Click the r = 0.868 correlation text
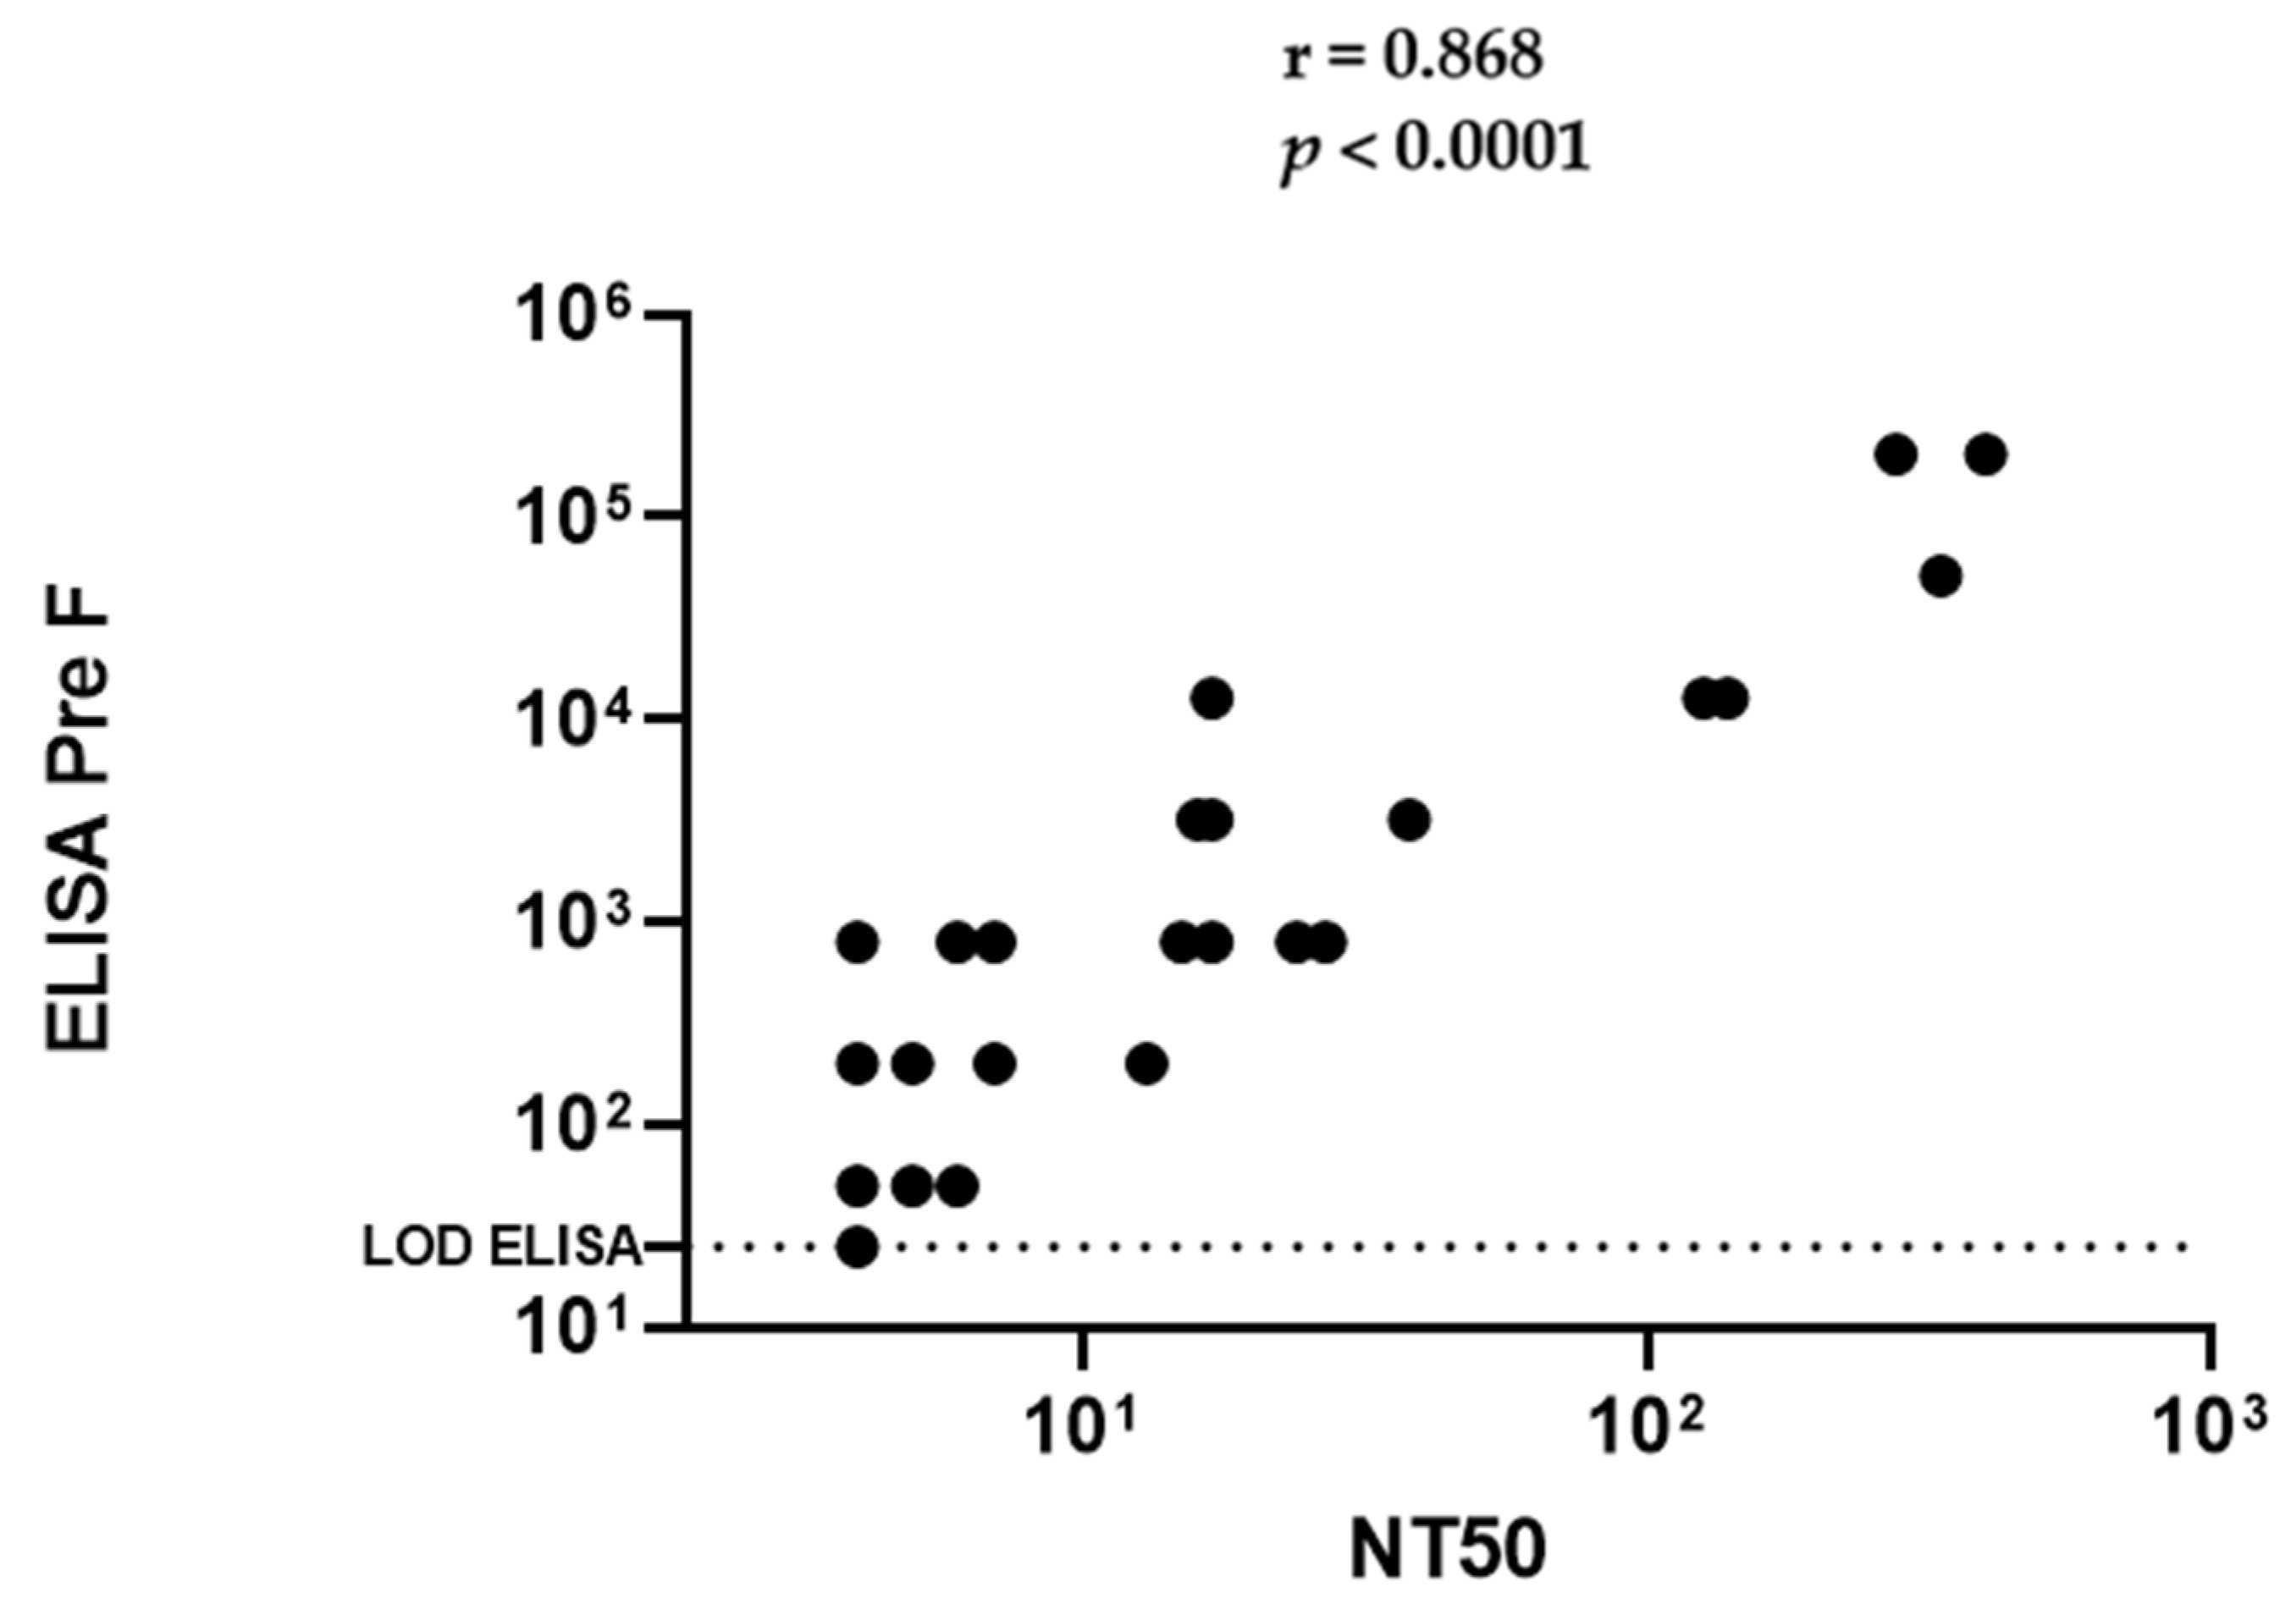pyautogui.click(x=1413, y=58)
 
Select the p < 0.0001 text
pyautogui.click(x=1435, y=152)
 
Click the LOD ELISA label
pyautogui.click(x=501, y=1247)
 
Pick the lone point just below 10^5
pyautogui.click(x=1940, y=576)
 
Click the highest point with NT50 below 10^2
pyautogui.click(x=1212, y=698)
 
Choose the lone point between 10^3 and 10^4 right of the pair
pyautogui.click(x=1409, y=821)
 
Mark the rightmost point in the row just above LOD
pyautogui.click(x=957, y=1186)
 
